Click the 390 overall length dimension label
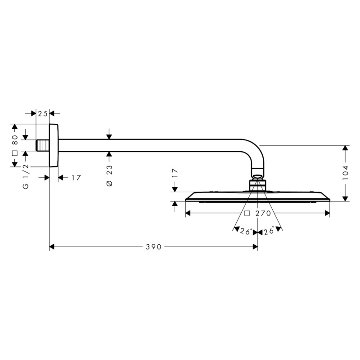click(x=153, y=247)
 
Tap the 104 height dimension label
click(x=345, y=172)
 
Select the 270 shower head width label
click(x=263, y=213)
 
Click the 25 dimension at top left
click(x=43, y=113)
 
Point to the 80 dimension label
click(x=15, y=140)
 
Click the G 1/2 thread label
click(x=26, y=176)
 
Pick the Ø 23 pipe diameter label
click(x=109, y=175)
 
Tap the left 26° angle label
click(x=246, y=231)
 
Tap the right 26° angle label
click(x=269, y=231)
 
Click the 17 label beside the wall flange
click(x=76, y=177)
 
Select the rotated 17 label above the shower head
click(x=175, y=173)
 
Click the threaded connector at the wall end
click(x=43, y=145)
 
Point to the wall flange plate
click(x=54, y=145)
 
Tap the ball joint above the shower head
click(x=258, y=177)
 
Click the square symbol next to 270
click(x=247, y=213)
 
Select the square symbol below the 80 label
click(x=15, y=153)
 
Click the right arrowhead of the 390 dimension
click(x=255, y=247)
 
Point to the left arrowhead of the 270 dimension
click(x=188, y=213)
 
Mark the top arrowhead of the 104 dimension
click(x=345, y=148)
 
